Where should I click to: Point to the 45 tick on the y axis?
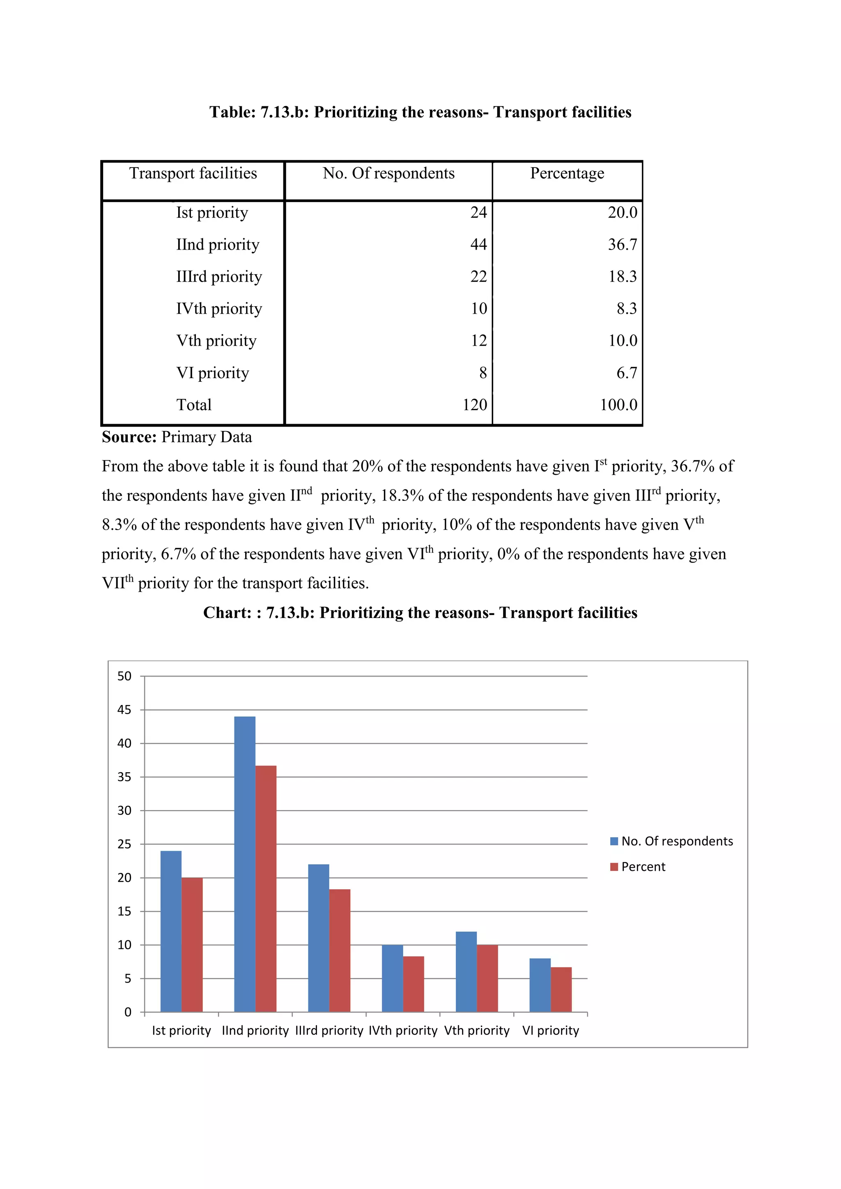click(x=124, y=710)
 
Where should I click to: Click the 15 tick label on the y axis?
click(x=124, y=911)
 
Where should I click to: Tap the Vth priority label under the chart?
click(x=476, y=1031)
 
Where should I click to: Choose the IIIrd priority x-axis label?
click(x=329, y=1031)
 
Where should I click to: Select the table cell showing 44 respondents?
click(x=478, y=244)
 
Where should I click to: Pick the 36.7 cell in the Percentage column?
click(x=623, y=244)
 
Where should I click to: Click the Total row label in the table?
click(x=194, y=405)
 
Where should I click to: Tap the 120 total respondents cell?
click(x=475, y=405)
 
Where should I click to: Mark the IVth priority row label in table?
click(x=219, y=309)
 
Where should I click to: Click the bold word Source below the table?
click(x=129, y=437)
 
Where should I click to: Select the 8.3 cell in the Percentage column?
click(x=626, y=309)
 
